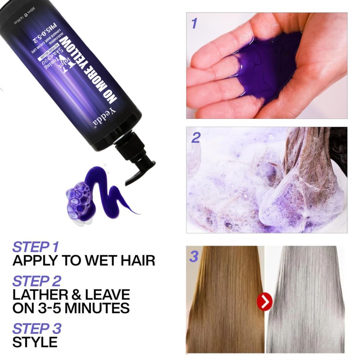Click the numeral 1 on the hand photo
[194, 23]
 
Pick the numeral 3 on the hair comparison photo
[194, 257]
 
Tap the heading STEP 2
[36, 282]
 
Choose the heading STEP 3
[36, 328]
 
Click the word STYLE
[35, 342]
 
